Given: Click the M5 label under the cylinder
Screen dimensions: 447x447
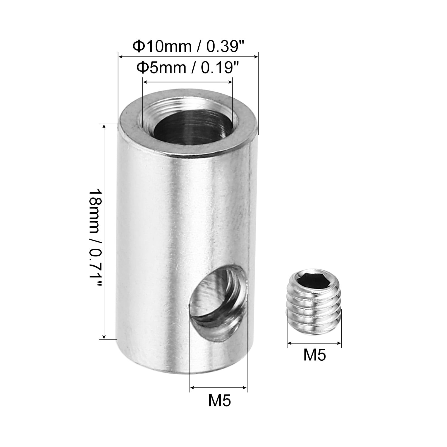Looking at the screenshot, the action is (220, 401).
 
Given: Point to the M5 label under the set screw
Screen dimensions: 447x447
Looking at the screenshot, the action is (315, 356).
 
